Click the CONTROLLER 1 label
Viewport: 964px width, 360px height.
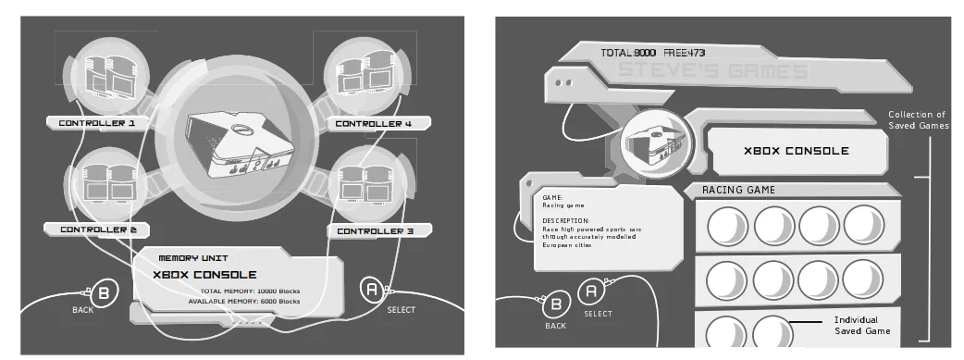pyautogui.click(x=97, y=122)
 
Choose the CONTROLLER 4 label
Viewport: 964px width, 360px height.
pyautogui.click(x=373, y=123)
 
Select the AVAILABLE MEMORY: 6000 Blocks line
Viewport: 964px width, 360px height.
pyautogui.click(x=243, y=301)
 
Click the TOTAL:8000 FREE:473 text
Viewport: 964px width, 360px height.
pyautogui.click(x=652, y=53)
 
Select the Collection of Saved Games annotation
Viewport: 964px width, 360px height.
pyautogui.click(x=917, y=120)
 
